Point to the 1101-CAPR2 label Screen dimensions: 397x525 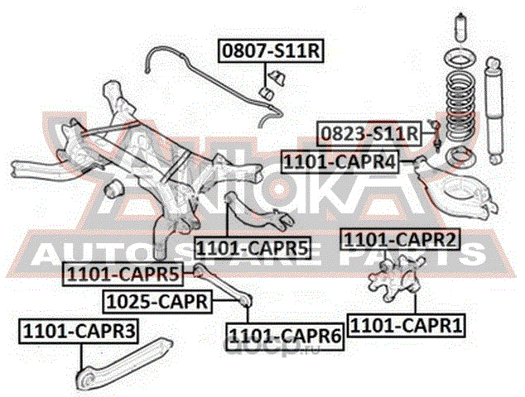click(401, 241)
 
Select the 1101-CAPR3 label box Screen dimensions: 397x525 click(79, 332)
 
